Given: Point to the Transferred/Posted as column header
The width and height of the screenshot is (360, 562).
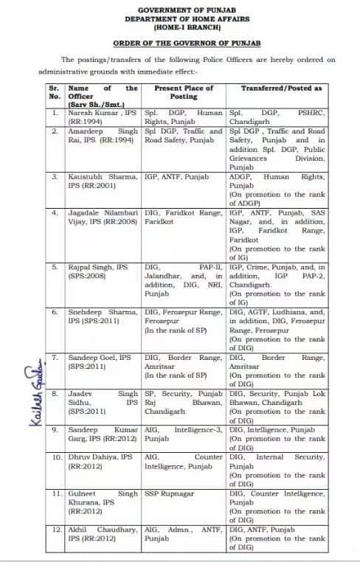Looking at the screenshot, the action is coord(281,87).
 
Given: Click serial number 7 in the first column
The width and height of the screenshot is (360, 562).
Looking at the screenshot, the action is coord(55,357).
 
